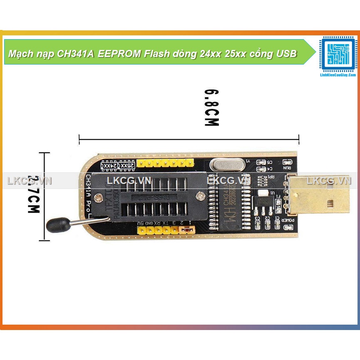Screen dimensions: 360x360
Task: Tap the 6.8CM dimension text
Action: (x=211, y=107)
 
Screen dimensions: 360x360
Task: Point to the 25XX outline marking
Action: (x=126, y=166)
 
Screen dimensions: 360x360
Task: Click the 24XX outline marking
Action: (x=109, y=166)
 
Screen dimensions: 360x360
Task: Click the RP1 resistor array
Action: (x=263, y=180)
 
